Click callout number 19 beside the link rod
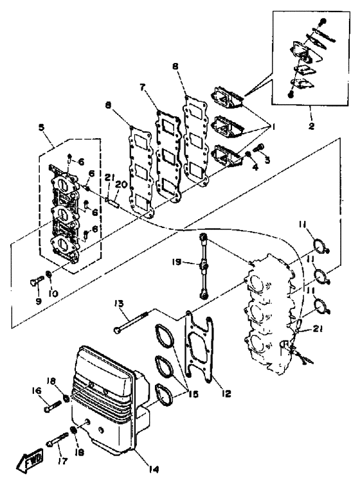click(176, 262)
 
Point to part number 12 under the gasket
click(226, 393)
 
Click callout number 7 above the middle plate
click(142, 87)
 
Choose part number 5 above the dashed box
click(42, 127)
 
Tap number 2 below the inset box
click(311, 126)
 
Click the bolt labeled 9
click(36, 280)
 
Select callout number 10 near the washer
click(53, 293)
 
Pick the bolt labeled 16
click(53, 406)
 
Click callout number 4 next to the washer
click(255, 166)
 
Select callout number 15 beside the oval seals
click(193, 394)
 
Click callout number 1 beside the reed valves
click(273, 127)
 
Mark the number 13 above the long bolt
click(120, 303)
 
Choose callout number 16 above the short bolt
click(37, 391)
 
